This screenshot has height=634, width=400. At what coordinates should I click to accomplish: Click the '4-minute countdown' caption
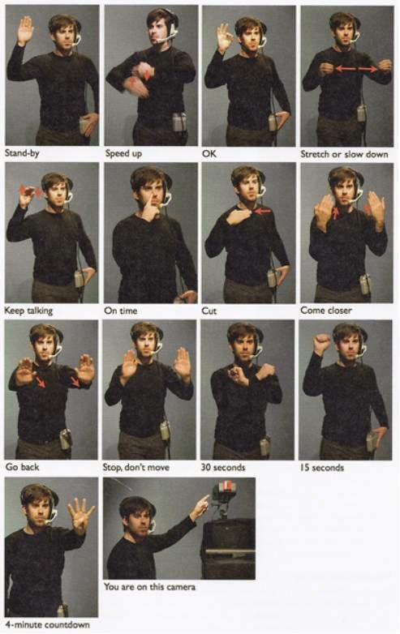click(x=39, y=625)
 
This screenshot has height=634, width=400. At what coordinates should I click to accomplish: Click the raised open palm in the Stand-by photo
click(x=25, y=30)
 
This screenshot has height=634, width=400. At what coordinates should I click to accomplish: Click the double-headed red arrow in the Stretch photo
click(x=356, y=70)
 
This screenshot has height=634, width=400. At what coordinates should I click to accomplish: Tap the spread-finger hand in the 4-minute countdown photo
click(x=80, y=515)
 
